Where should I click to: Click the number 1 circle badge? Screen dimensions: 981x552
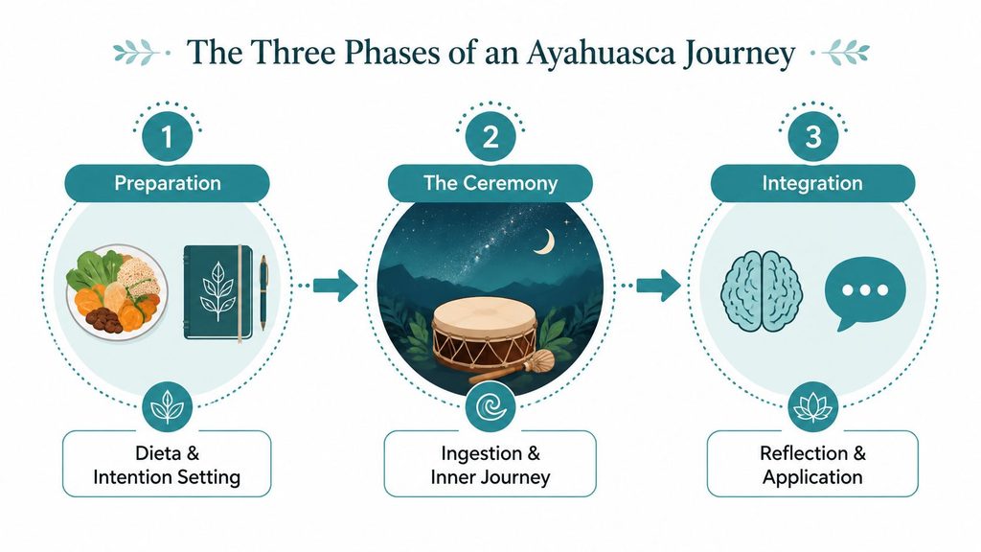coord(167,137)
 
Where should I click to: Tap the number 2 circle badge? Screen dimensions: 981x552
coord(490,137)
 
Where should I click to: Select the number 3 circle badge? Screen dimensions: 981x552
coord(812,137)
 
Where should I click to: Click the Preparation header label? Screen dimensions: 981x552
coord(167,183)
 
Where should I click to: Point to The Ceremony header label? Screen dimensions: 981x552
coord(490,183)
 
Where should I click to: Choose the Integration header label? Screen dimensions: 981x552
coord(812,183)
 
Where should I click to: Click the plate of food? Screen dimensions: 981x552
coord(117,292)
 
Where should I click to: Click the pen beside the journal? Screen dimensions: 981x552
coord(263,292)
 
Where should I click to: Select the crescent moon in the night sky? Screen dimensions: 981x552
coord(546,242)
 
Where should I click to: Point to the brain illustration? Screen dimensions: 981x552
coord(762,291)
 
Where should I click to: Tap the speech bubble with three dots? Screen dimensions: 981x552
coord(865,293)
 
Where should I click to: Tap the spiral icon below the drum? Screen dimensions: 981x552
coord(490,407)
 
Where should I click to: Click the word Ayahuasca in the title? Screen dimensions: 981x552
coord(601,54)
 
